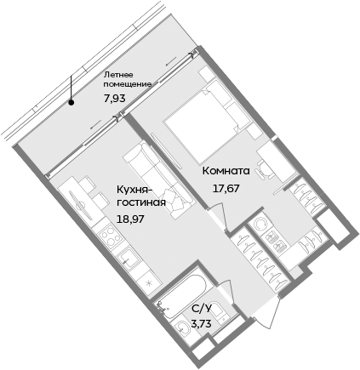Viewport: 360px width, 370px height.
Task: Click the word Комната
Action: (226, 170)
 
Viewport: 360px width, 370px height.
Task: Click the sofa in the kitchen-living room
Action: (143, 165)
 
